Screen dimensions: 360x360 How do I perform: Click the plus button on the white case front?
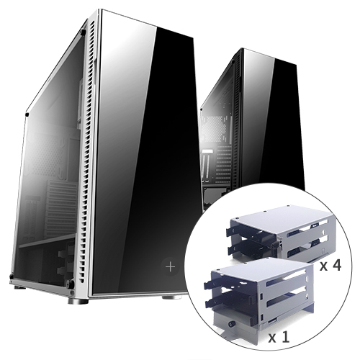pyautogui.click(x=170, y=266)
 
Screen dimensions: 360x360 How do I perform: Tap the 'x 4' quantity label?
pyautogui.click(x=330, y=265)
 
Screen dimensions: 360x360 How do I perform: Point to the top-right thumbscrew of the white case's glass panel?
pyautogui.click(x=83, y=33)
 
